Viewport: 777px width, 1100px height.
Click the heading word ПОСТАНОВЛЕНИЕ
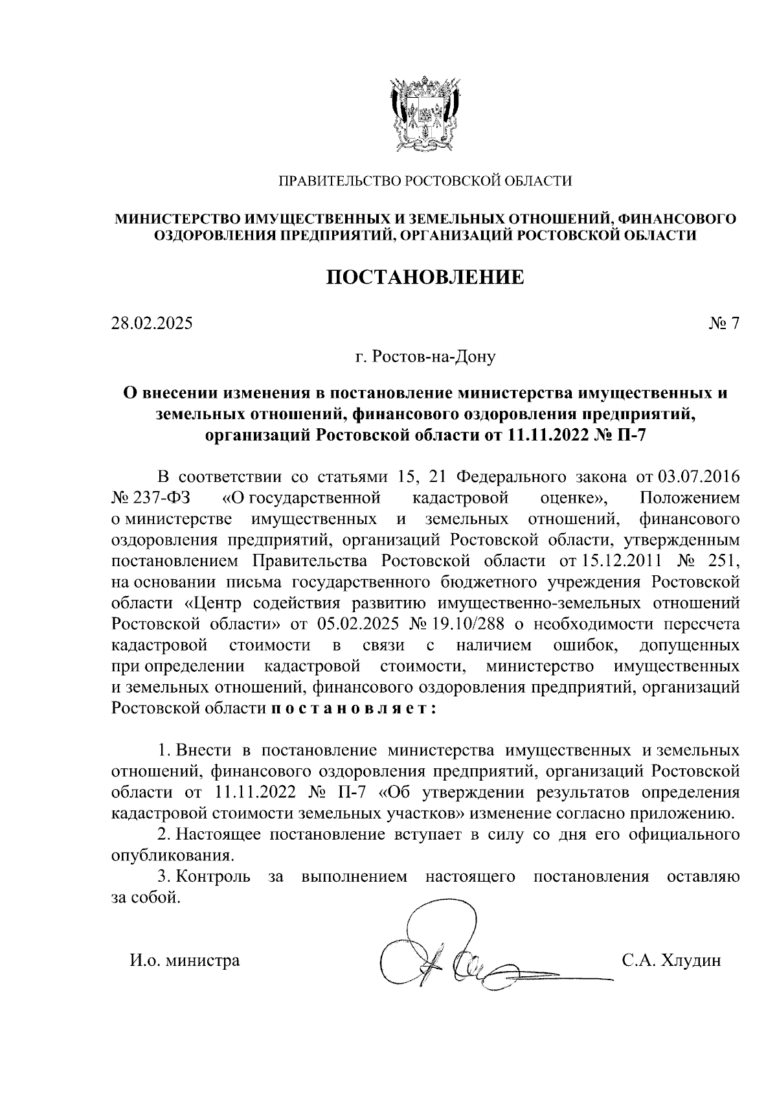tap(424, 277)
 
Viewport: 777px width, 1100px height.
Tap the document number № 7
tap(724, 323)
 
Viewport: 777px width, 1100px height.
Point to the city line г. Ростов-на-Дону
tap(425, 356)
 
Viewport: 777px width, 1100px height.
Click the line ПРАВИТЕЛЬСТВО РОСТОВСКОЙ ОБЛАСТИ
tap(425, 181)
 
